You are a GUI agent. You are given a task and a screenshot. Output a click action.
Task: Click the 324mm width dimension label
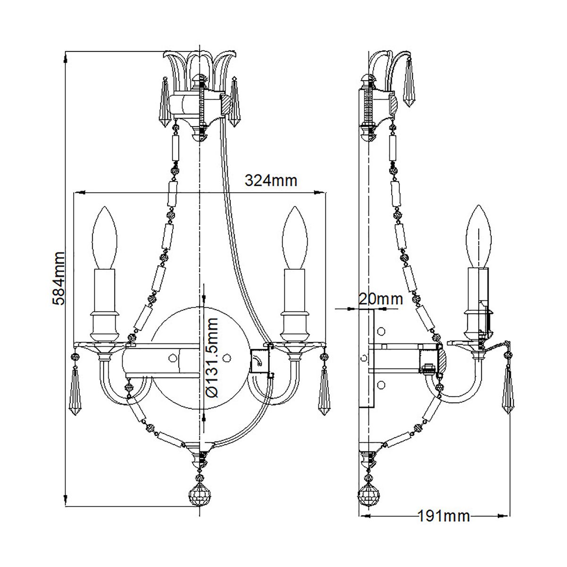tap(270, 180)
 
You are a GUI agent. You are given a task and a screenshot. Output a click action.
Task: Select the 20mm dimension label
tap(380, 299)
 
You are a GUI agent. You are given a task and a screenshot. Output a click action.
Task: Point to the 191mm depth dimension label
tap(444, 515)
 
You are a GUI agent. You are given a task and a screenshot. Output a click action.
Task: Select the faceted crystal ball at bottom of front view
tap(199, 496)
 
